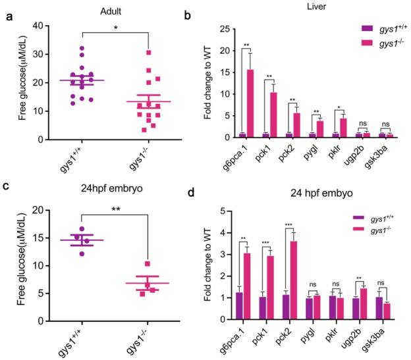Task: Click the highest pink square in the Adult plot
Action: (x=150, y=53)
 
